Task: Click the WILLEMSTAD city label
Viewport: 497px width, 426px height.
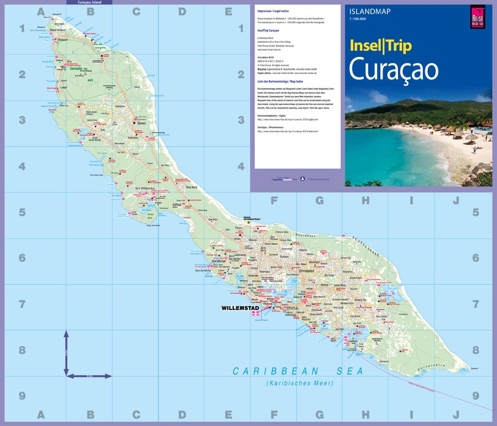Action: pyautogui.click(x=242, y=308)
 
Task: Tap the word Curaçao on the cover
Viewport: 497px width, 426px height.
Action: pyautogui.click(x=393, y=70)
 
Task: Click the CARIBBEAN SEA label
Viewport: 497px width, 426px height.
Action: pyautogui.click(x=298, y=371)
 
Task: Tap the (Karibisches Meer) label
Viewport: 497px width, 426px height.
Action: pyautogui.click(x=299, y=383)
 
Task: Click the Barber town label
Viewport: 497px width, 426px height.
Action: pyautogui.click(x=143, y=123)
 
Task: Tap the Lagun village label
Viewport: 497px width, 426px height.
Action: pyautogui.click(x=63, y=87)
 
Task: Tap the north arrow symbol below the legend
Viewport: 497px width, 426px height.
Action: pyautogui.click(x=302, y=179)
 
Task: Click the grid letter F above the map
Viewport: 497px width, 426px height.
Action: pyautogui.click(x=274, y=199)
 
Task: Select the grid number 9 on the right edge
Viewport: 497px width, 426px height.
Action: pyautogui.click(x=474, y=396)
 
